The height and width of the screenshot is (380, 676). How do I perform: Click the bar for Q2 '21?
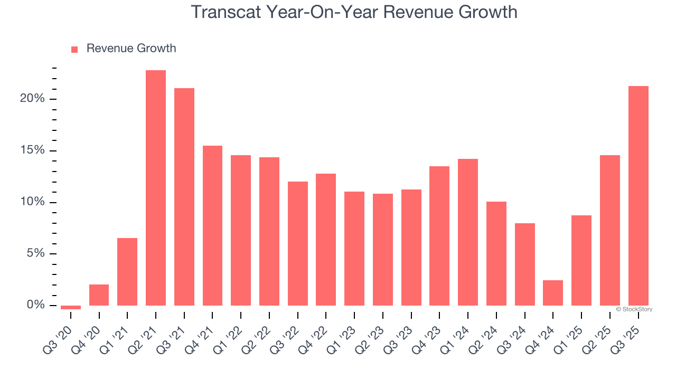click(x=156, y=188)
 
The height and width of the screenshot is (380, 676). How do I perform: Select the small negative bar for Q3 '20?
click(x=71, y=307)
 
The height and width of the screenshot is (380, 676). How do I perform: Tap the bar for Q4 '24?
click(x=553, y=293)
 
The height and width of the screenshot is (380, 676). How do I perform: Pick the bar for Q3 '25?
click(x=638, y=196)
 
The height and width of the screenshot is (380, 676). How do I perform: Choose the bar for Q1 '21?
click(x=127, y=272)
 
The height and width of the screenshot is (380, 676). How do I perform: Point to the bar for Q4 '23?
click(x=439, y=236)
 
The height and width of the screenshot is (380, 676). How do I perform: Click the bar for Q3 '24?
click(x=524, y=264)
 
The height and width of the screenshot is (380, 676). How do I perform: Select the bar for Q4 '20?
click(x=99, y=295)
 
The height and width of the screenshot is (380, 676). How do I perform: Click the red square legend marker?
click(x=74, y=49)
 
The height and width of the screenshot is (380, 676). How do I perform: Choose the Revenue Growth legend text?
click(x=131, y=49)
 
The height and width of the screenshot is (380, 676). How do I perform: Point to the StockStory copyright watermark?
click(x=634, y=309)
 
